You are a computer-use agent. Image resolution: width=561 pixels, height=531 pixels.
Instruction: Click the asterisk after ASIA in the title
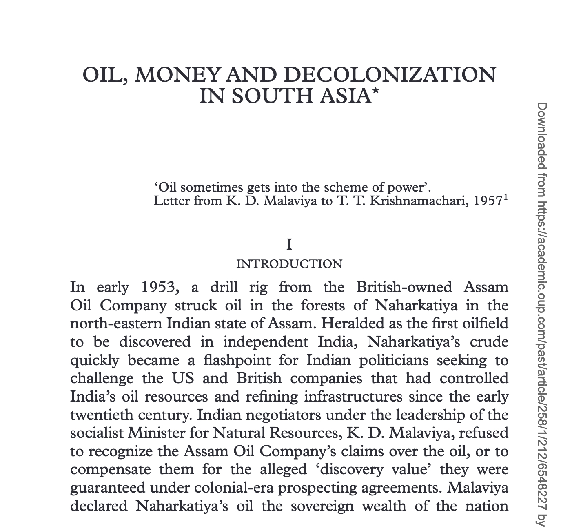pyautogui.click(x=376, y=93)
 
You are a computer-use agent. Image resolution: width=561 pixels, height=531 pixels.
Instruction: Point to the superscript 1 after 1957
pyautogui.click(x=506, y=198)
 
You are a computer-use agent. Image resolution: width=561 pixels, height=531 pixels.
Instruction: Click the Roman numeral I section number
pyautogui.click(x=289, y=245)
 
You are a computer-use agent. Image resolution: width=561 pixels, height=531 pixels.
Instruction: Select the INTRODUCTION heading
pyautogui.click(x=289, y=264)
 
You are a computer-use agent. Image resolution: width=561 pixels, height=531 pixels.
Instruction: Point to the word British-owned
pyautogui.click(x=404, y=287)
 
